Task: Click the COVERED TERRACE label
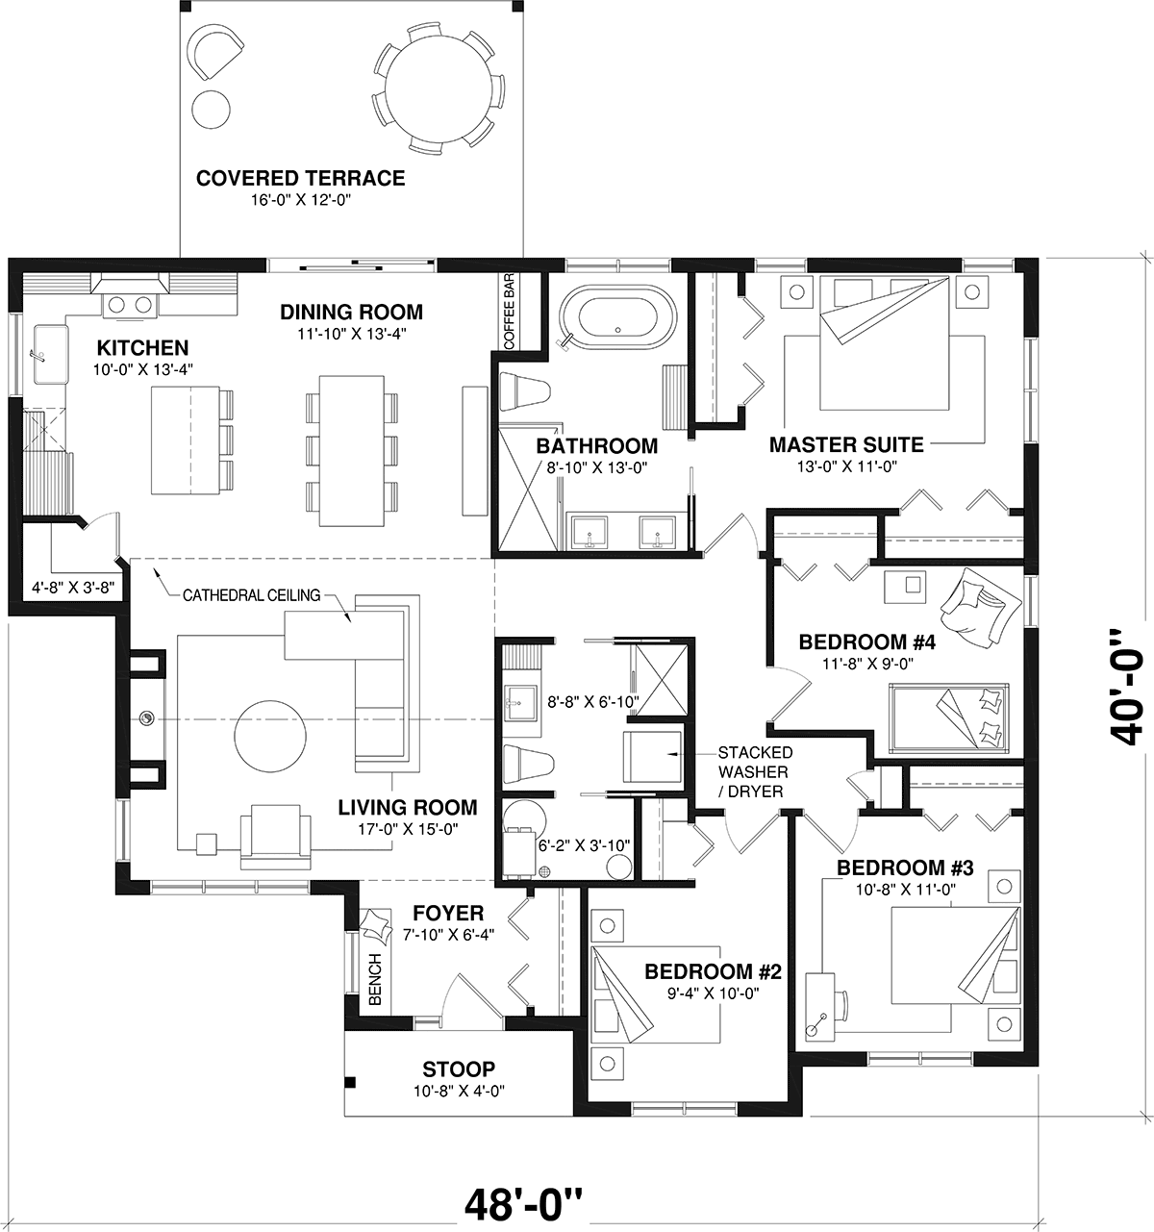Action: click(300, 178)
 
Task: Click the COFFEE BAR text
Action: click(509, 313)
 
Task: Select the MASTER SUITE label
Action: click(846, 444)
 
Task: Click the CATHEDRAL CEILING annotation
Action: click(251, 595)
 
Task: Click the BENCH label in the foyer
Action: click(376, 979)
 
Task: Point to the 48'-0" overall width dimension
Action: click(524, 1202)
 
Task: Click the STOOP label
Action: click(459, 1069)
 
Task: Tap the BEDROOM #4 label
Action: click(866, 641)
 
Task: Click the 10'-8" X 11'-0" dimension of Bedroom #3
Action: click(905, 890)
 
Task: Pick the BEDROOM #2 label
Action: click(713, 971)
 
